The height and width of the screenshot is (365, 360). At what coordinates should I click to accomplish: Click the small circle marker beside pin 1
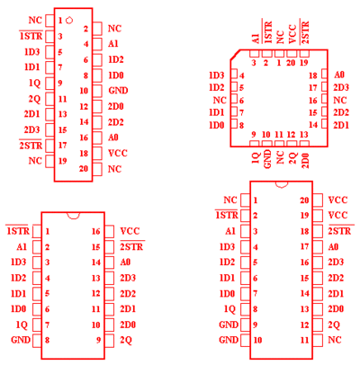[69, 21]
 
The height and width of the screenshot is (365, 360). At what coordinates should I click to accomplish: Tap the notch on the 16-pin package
[73, 217]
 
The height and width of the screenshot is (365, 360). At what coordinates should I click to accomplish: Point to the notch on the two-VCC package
[282, 185]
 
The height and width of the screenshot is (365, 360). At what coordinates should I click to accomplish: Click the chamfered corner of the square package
[235, 55]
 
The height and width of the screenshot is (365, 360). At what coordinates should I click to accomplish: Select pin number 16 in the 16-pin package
[95, 231]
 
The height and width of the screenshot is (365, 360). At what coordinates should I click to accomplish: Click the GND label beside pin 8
[21, 340]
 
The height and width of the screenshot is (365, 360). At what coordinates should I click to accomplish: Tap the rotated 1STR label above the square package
[267, 32]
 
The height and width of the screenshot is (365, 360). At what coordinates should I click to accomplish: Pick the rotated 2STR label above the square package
[304, 32]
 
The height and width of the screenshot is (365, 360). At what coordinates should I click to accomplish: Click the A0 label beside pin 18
[339, 75]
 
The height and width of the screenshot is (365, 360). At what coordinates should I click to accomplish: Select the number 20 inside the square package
[291, 63]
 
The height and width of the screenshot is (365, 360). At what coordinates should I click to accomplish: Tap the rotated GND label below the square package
[267, 159]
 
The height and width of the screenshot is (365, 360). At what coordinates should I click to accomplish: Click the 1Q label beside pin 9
[35, 83]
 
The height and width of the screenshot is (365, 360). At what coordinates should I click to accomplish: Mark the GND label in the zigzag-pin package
[118, 90]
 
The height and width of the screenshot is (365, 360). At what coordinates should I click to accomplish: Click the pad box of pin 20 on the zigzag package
[97, 170]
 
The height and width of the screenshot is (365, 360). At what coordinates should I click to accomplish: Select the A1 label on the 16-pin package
[22, 247]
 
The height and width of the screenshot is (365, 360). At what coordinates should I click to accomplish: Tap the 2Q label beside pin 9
[126, 340]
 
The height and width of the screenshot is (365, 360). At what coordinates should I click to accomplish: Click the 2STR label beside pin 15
[131, 246]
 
